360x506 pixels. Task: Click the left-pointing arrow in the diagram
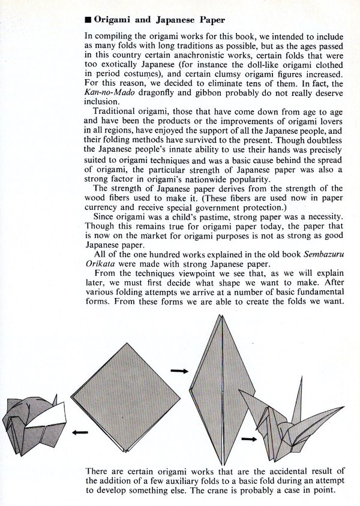click(80, 431)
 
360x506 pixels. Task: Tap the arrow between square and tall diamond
click(179, 371)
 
